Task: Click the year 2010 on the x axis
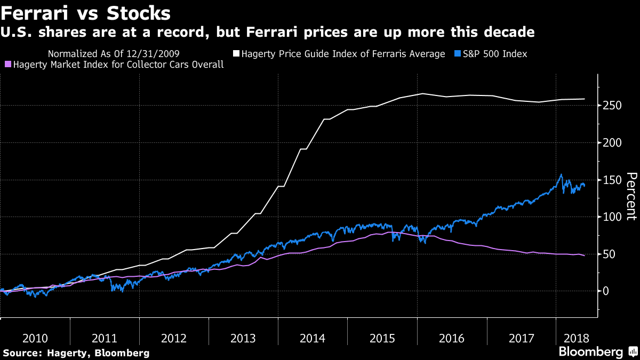coord(35,338)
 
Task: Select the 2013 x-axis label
coord(243,338)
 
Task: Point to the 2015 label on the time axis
coord(382,338)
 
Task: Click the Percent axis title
coord(631,196)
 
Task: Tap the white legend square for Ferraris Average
coord(236,54)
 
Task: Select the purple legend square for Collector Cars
coord(7,65)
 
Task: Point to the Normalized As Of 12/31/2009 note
coord(114,54)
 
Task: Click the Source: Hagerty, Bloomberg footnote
coord(76,353)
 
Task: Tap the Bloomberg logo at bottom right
coord(591,352)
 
